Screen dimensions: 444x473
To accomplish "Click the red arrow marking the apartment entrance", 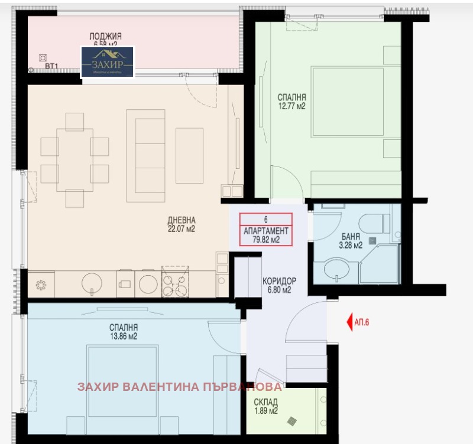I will (x=348, y=322).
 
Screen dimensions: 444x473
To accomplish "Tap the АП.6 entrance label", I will (x=365, y=322).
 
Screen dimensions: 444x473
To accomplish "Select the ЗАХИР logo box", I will (x=108, y=62).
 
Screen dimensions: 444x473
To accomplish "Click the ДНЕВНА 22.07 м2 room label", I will (x=181, y=224).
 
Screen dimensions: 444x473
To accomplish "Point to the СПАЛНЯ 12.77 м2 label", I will (x=292, y=102).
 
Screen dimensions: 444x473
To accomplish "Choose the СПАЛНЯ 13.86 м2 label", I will (x=123, y=332).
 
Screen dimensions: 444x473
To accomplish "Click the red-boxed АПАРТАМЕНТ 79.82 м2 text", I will (x=265, y=235).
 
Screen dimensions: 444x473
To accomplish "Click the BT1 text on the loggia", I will (x=51, y=67).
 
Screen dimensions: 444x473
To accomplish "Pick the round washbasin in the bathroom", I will (x=338, y=269).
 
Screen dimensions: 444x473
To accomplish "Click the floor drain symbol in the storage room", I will (x=293, y=422).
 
